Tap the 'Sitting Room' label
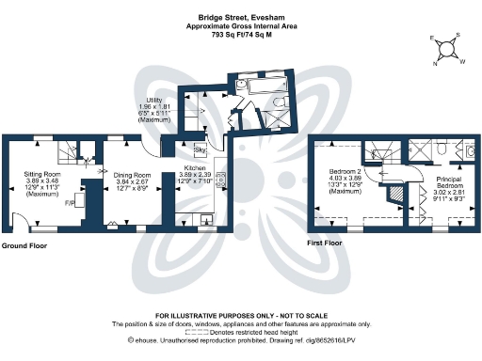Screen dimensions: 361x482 pos(42,174)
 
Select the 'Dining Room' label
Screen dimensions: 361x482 pos(133,176)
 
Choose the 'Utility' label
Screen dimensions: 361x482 pos(155,100)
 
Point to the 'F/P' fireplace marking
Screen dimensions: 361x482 pos(69,202)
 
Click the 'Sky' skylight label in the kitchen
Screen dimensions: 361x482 pos(199,150)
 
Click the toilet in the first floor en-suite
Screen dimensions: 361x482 pos(471,150)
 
